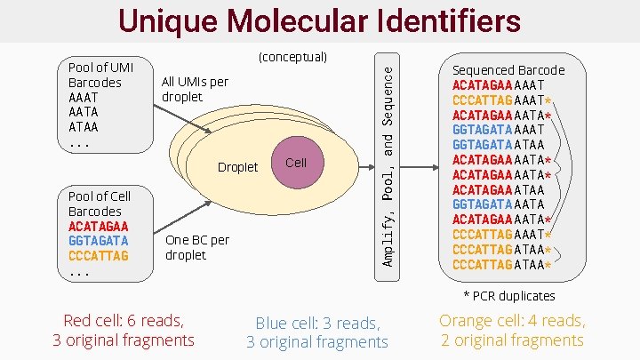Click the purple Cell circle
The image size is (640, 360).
[296, 164]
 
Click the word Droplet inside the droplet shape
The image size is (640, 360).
[237, 167]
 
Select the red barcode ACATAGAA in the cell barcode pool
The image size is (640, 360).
[98, 226]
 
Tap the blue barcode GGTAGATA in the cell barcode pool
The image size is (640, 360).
[98, 240]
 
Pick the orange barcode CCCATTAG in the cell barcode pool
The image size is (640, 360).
[98, 255]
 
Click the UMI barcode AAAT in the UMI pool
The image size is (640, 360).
[84, 98]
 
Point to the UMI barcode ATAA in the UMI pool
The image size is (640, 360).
[84, 126]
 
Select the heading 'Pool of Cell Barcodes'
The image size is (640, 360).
[99, 204]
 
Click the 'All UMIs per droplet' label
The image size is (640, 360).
[195, 89]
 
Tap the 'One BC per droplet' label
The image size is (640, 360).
[197, 247]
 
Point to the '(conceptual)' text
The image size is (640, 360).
[292, 58]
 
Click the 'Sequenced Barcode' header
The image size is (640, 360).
[508, 70]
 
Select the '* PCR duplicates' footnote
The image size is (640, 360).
[509, 295]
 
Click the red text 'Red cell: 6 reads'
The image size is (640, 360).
[124, 321]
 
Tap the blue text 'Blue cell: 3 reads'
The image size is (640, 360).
[317, 324]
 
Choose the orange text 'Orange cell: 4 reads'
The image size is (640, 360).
[512, 321]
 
